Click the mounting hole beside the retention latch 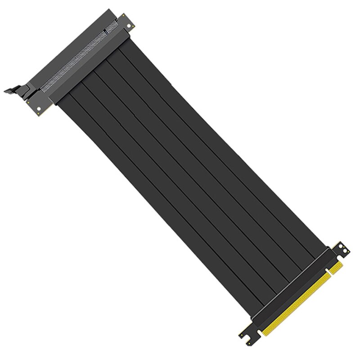pos(40,108)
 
